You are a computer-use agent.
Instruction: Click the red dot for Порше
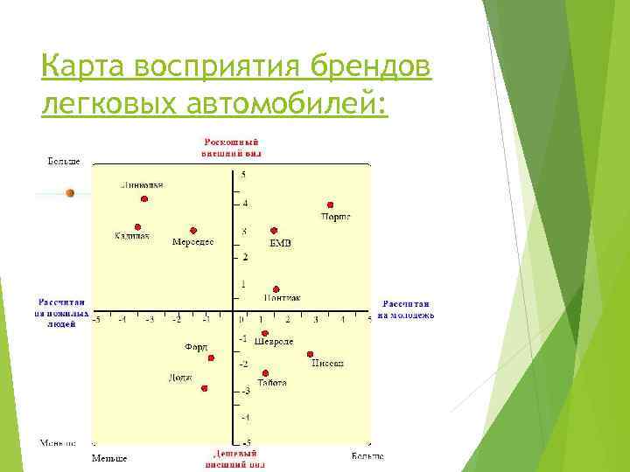331,205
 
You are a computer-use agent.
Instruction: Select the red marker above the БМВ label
274,231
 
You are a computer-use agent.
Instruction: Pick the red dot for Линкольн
144,198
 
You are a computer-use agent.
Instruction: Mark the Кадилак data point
137,226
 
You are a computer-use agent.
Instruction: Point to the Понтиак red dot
276,288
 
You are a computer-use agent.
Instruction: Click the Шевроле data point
265,332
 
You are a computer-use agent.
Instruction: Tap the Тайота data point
265,372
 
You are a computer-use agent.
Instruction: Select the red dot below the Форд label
211,357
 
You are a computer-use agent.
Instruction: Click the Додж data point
204,388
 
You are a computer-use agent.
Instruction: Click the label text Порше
335,216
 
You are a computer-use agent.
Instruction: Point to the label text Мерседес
192,241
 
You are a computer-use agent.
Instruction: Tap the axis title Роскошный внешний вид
232,147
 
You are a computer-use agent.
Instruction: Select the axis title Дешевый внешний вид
232,460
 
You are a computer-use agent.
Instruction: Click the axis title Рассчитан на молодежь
407,309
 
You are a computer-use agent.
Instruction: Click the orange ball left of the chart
71,193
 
